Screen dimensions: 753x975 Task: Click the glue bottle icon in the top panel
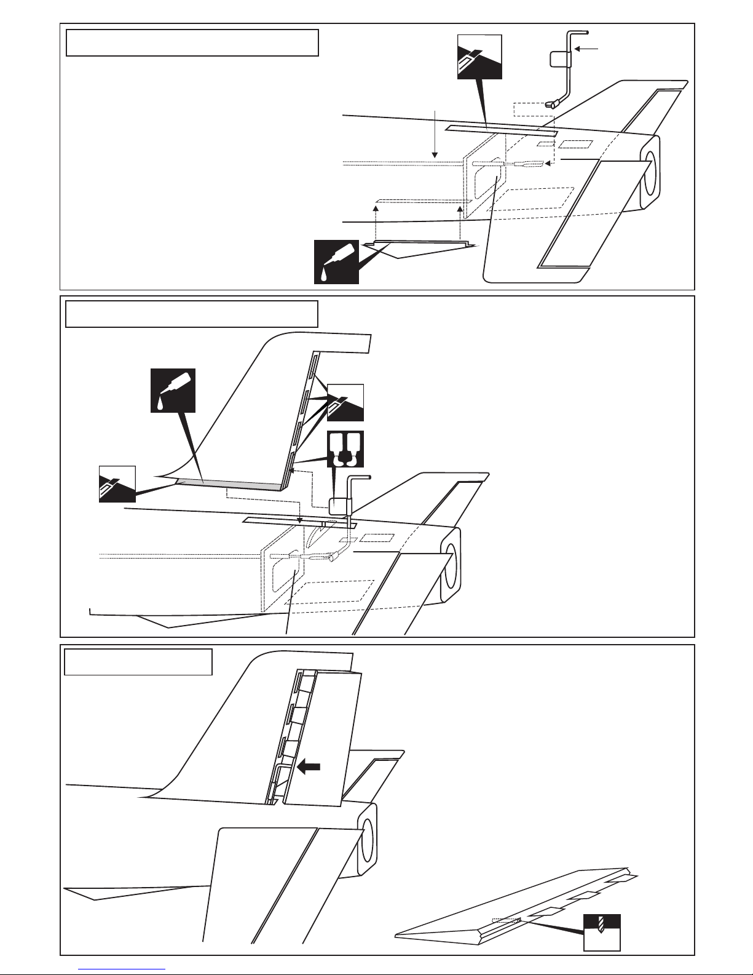click(x=336, y=261)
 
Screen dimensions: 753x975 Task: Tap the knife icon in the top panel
click(x=479, y=57)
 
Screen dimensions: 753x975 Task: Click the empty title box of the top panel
click(x=192, y=42)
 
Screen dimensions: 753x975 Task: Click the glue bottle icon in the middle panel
click(x=173, y=390)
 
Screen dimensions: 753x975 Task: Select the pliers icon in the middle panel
click(x=345, y=450)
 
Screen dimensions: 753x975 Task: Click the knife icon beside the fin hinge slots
click(x=345, y=402)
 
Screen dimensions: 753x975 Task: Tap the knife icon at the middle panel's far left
click(x=117, y=484)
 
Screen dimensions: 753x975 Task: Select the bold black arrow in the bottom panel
click(x=309, y=767)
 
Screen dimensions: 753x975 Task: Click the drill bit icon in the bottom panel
click(x=601, y=932)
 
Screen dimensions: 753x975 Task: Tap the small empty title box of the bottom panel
click(x=138, y=661)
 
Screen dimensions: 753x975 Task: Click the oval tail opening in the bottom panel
click(x=367, y=838)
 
